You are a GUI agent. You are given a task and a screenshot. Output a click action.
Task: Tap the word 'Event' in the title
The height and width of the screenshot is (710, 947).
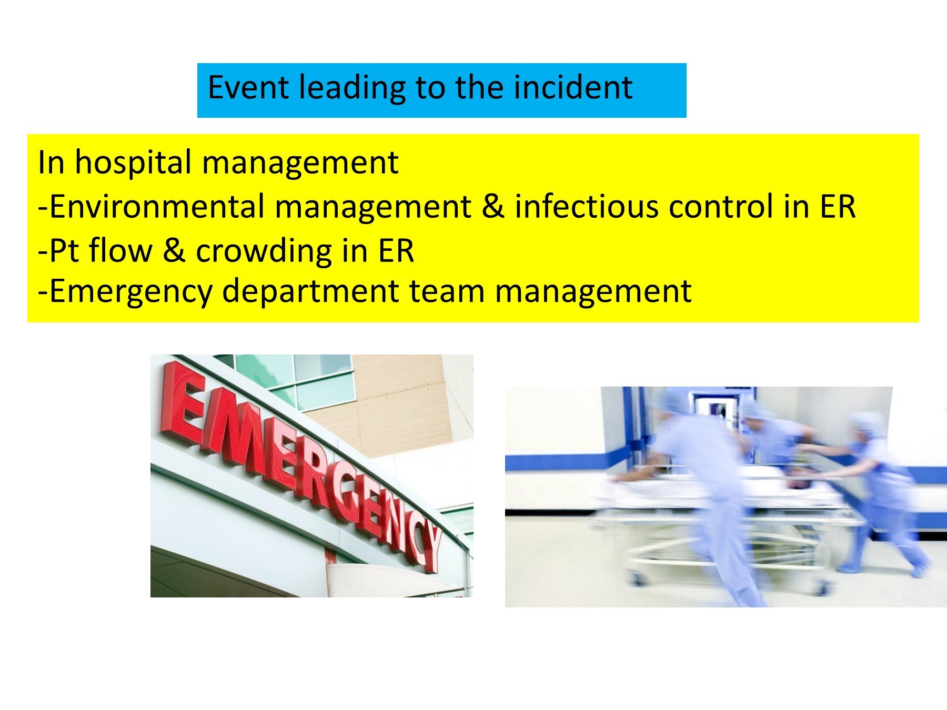[248, 87]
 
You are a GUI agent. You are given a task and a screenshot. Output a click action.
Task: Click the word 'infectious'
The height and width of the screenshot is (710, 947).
[586, 206]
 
